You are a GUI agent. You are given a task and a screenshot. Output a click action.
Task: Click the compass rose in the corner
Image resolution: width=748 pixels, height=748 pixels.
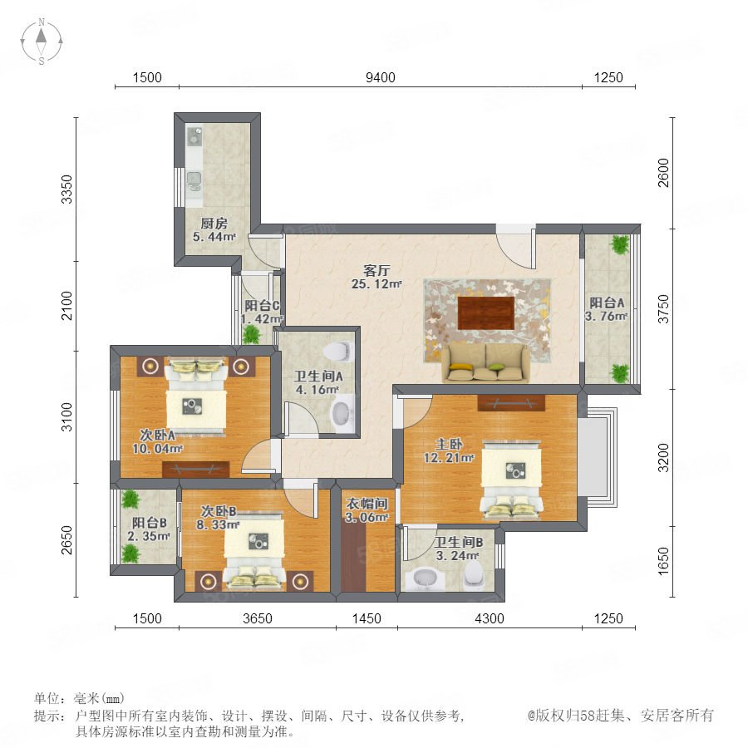click(x=42, y=42)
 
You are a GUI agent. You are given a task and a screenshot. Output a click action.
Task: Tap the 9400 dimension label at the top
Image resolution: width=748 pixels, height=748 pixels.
click(x=380, y=77)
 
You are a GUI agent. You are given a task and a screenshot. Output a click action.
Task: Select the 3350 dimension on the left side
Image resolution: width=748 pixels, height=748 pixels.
click(x=67, y=189)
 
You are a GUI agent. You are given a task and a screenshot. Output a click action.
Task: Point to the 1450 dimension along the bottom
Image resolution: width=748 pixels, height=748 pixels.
click(x=367, y=618)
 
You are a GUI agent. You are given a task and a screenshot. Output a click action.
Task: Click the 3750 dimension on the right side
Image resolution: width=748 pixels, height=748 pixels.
click(x=663, y=308)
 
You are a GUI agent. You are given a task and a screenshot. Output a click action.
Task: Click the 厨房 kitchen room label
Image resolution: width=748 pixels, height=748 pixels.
click(x=214, y=223)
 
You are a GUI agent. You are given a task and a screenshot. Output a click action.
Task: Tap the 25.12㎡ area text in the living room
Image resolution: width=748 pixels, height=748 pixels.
click(x=376, y=284)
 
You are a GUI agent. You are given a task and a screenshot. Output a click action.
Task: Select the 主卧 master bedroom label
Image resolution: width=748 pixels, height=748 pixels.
click(x=449, y=444)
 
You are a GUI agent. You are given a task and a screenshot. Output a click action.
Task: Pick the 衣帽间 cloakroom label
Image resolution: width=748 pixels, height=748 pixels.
click(x=367, y=504)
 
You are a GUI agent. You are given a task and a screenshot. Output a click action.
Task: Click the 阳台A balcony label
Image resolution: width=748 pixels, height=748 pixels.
click(x=607, y=303)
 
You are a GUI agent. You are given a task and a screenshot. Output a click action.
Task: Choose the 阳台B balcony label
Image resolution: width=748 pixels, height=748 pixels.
click(x=150, y=523)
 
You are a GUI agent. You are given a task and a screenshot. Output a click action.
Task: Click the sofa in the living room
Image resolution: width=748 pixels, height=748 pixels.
click(x=485, y=363)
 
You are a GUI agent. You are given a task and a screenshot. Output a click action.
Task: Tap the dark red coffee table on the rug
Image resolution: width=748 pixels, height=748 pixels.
click(x=486, y=312)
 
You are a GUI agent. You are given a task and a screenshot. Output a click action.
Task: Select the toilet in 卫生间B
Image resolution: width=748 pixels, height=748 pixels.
click(x=474, y=575)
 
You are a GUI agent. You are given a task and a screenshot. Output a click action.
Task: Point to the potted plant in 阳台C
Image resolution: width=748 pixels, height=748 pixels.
click(x=251, y=334)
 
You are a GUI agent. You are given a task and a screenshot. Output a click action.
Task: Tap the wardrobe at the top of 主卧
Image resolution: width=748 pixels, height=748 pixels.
click(x=511, y=402)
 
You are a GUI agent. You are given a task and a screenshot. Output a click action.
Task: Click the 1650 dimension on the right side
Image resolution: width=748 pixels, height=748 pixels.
click(x=663, y=561)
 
